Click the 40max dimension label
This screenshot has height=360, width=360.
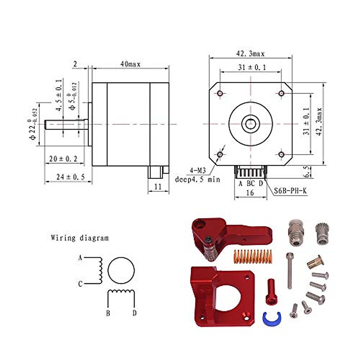tap(130, 64)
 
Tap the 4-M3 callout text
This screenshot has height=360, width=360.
tap(197, 171)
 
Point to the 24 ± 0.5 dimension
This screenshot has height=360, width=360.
tap(70, 177)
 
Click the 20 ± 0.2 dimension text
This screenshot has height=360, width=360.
tap(63, 159)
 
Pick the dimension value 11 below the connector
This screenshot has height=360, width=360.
tap(158, 187)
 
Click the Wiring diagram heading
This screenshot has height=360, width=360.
tap(80, 238)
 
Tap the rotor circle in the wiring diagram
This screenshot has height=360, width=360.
tap(121, 270)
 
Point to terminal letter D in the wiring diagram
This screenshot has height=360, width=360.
tap(135, 313)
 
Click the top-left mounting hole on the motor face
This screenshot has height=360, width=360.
tap(220, 93)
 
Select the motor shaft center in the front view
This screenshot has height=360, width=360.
tap(250, 123)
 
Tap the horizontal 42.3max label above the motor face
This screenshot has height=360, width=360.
tap(250, 54)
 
